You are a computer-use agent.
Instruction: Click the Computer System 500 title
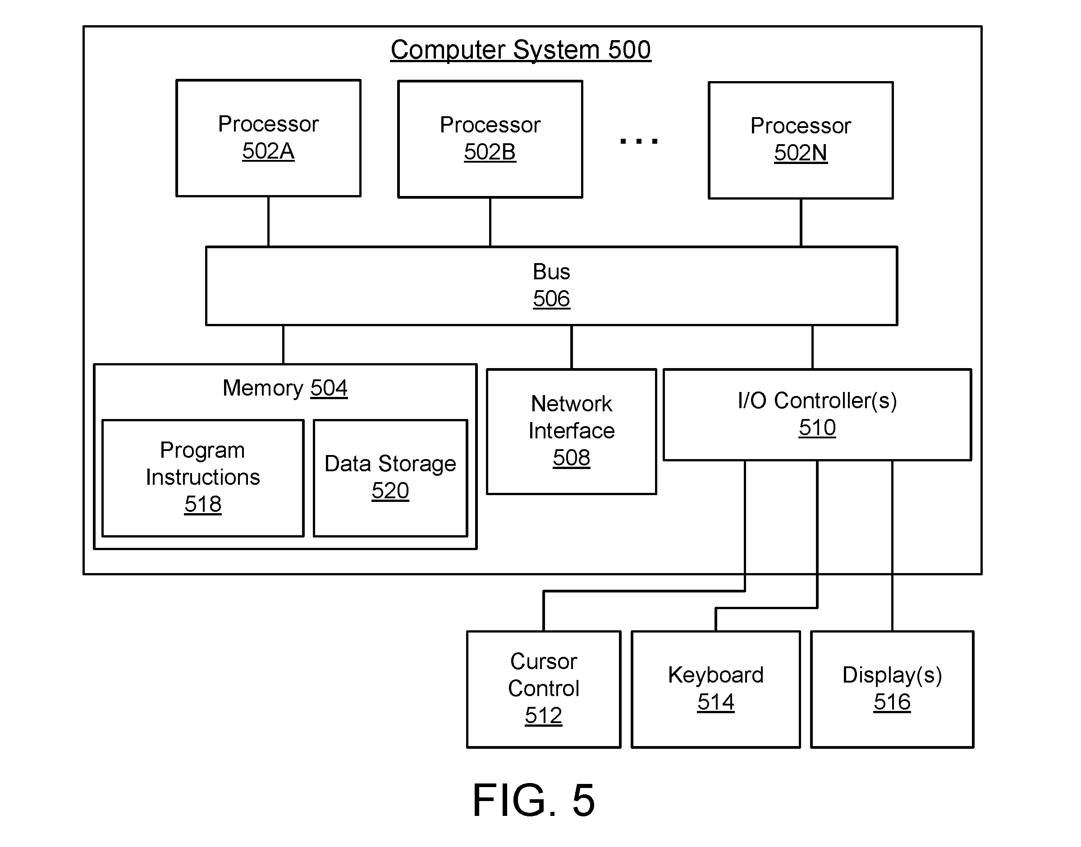point(520,50)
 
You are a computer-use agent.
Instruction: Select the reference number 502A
point(268,151)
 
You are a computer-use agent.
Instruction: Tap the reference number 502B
point(490,152)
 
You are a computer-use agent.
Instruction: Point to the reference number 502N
point(800,153)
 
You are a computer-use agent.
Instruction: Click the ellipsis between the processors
point(639,141)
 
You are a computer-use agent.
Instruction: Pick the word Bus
point(551,272)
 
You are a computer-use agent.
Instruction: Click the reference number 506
point(551,299)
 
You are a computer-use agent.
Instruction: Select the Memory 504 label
point(285,388)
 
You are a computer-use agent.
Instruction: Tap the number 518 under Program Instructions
point(202,504)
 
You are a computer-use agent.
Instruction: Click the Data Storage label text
point(390,464)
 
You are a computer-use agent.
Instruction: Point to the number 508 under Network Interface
point(571,458)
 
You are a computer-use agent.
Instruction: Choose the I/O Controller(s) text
point(817,401)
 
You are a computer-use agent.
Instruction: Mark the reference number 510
point(817,428)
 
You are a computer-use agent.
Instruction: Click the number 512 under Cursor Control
point(543,715)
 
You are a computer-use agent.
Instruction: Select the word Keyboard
point(715,675)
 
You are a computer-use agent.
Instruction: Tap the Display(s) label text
point(892,675)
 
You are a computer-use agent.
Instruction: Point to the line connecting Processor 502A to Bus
point(268,222)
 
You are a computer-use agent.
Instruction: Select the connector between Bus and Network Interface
point(572,347)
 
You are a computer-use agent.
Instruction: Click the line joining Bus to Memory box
point(283,345)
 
